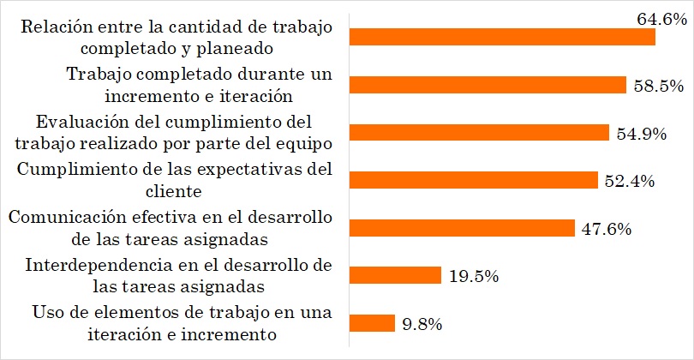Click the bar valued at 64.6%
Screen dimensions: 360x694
pyautogui.click(x=503, y=38)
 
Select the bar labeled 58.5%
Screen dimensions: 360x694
pyautogui.click(x=489, y=85)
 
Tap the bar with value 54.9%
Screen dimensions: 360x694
pyautogui.click(x=481, y=133)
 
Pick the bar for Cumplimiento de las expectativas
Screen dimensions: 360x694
pyautogui.click(x=475, y=180)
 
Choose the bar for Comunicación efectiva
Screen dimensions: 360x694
pyautogui.click(x=463, y=228)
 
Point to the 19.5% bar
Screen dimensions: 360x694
pyautogui.click(x=396, y=275)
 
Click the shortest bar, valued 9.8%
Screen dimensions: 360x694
pyautogui.click(x=373, y=323)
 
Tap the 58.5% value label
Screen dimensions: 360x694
pyautogui.click(x=658, y=85)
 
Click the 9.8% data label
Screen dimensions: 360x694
pyautogui.click(x=422, y=323)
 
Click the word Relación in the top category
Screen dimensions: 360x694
pyautogui.click(x=52, y=27)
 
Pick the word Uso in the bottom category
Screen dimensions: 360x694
pyautogui.click(x=45, y=312)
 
